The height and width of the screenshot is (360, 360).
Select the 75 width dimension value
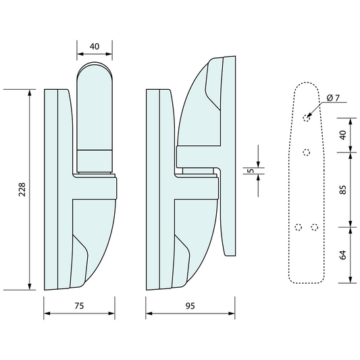pos(78,306)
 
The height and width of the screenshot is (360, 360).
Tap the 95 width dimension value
pos(190,306)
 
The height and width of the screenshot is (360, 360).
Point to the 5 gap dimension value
pos(251,171)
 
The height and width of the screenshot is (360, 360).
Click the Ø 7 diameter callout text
pos(332,98)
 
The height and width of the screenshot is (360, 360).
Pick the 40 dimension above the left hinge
pos(95,47)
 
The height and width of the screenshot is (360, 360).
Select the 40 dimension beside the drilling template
pos(342,134)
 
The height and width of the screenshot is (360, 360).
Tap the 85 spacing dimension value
pos(342,189)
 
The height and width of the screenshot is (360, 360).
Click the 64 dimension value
pos(342,255)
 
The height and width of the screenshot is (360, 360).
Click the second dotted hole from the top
pos(306,152)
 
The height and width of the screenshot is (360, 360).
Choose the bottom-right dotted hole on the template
pos(314,227)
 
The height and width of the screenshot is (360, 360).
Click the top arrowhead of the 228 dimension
pos(30,92)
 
